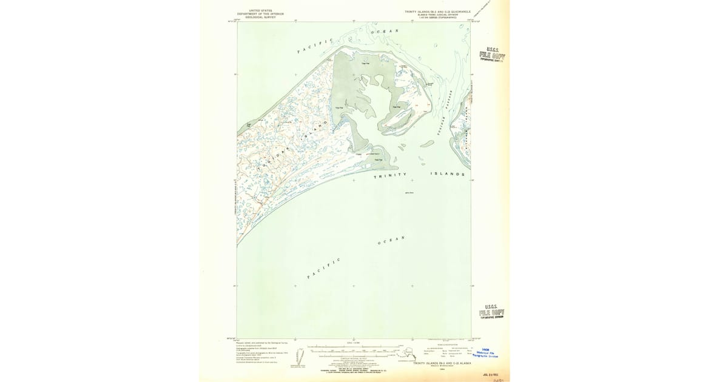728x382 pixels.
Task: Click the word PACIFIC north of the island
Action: (x=315, y=46)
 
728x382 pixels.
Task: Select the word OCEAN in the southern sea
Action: (x=391, y=241)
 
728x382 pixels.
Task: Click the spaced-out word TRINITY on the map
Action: (x=392, y=176)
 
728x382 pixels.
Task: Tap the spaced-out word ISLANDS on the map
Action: (x=448, y=174)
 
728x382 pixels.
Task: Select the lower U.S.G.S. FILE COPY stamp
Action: (x=491, y=312)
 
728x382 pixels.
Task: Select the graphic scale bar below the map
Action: (x=353, y=349)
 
